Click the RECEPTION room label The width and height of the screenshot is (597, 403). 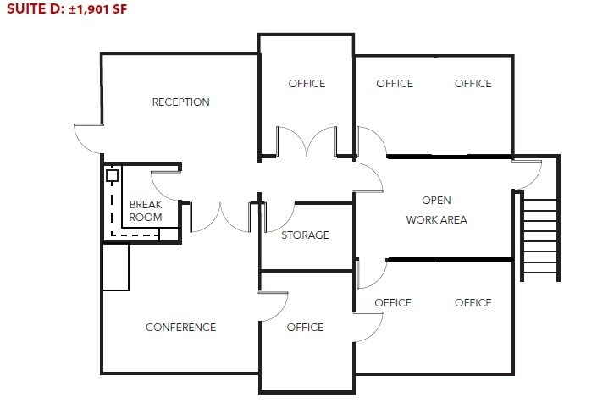(x=180, y=102)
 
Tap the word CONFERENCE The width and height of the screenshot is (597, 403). (x=180, y=328)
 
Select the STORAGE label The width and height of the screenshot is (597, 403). (x=306, y=235)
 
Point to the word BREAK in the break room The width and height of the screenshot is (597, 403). (x=145, y=204)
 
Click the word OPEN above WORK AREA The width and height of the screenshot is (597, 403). (x=436, y=201)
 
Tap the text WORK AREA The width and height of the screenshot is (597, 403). (x=436, y=220)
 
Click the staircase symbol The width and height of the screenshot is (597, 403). (x=539, y=237)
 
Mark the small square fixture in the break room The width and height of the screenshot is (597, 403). (x=111, y=177)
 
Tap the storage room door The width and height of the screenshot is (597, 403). (x=278, y=216)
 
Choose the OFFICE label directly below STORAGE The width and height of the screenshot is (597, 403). (x=305, y=328)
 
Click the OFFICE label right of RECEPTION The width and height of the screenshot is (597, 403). (x=307, y=83)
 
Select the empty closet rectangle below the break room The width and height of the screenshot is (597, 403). (x=115, y=267)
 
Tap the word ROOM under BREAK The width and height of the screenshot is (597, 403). (x=145, y=218)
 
